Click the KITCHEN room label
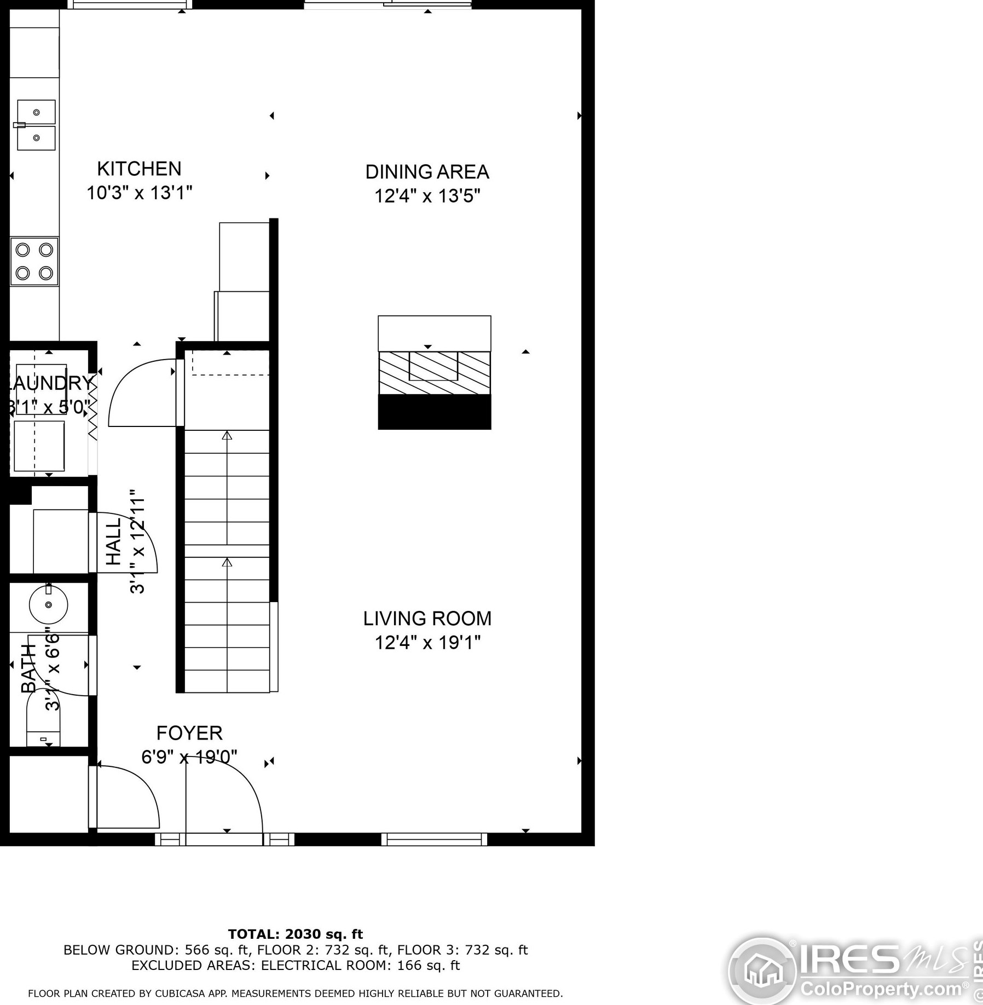coord(139,169)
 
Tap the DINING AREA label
coord(427,172)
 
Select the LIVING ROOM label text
coord(427,619)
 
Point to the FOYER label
coord(189,733)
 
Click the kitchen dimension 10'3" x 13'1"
coord(139,193)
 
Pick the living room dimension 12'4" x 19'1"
coord(427,642)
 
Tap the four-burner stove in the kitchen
coord(34,261)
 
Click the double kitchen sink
coord(36,125)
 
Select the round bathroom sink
coord(48,604)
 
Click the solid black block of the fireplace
coord(434,412)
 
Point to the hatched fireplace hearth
coord(434,373)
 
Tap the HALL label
coord(113,542)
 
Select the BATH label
coord(28,668)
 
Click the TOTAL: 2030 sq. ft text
coord(295,934)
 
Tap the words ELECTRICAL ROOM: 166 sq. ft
coord(360,965)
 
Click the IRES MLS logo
coord(854,970)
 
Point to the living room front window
coord(434,839)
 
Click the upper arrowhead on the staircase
coord(227,436)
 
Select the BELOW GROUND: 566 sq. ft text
coord(157,950)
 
